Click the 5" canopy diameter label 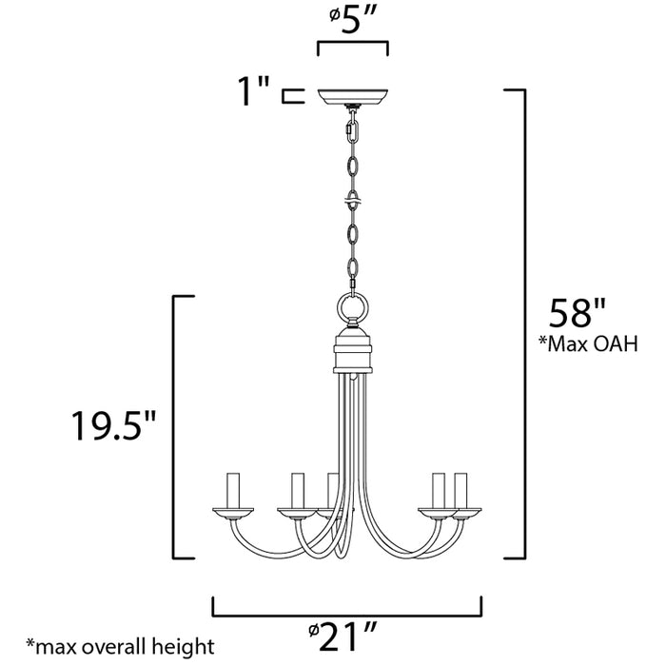[352, 20]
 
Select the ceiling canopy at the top [352, 96]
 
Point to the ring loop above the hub [353, 308]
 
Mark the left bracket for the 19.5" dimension [174, 428]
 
